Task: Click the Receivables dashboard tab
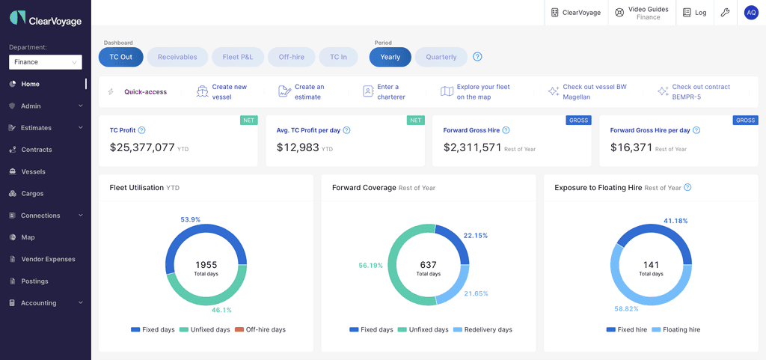(177, 57)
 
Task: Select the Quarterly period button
(441, 57)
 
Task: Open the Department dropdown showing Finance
(45, 62)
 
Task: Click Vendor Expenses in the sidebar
(48, 259)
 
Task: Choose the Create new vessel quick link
(229, 91)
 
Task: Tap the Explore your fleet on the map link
(482, 91)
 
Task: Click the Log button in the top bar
(694, 13)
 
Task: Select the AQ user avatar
(751, 13)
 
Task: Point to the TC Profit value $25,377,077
(142, 147)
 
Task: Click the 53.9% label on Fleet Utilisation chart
(190, 219)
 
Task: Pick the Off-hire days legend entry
(260, 329)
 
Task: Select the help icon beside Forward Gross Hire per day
(697, 130)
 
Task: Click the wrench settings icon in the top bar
(724, 13)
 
